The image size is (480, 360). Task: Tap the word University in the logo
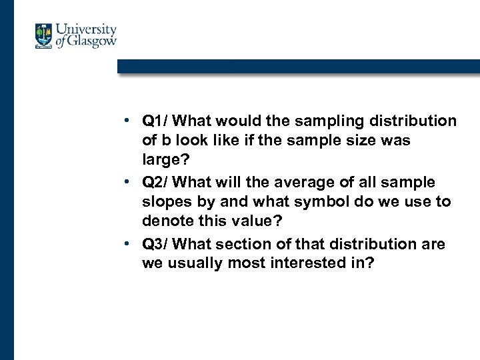[86, 30]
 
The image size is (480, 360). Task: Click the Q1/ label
[157, 121]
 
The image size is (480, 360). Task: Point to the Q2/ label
[157, 183]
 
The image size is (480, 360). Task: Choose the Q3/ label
[157, 244]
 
